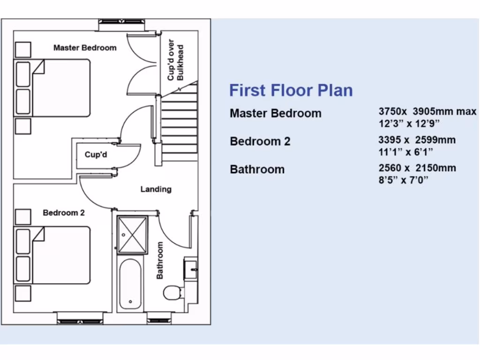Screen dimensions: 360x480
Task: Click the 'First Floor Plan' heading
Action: tap(291, 90)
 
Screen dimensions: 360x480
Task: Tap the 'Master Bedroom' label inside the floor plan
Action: tap(85, 48)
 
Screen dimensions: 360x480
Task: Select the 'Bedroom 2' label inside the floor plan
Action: tap(64, 213)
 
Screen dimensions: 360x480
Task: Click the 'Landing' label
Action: tap(156, 189)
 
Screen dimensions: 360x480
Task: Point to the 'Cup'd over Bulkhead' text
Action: tap(176, 60)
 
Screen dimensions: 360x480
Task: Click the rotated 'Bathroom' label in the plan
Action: tap(160, 261)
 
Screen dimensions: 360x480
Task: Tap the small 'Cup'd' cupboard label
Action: tap(96, 155)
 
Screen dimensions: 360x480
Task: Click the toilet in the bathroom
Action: tap(172, 292)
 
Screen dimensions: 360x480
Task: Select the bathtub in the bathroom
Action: tap(130, 285)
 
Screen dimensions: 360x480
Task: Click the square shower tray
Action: tap(132, 235)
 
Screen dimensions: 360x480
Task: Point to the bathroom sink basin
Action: tap(191, 269)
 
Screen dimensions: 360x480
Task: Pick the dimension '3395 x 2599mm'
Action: tap(417, 140)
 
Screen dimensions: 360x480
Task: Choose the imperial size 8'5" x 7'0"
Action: tap(404, 180)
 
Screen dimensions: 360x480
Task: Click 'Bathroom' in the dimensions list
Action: tap(257, 170)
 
